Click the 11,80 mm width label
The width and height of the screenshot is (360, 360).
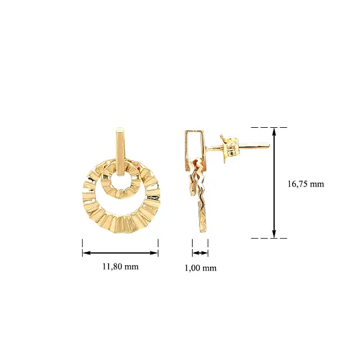[120, 266]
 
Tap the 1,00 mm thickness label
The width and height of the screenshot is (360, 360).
[200, 268]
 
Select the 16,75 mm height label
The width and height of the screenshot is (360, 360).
[305, 184]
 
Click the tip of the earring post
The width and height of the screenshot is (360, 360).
[268, 145]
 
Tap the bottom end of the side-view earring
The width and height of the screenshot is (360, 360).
[200, 233]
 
